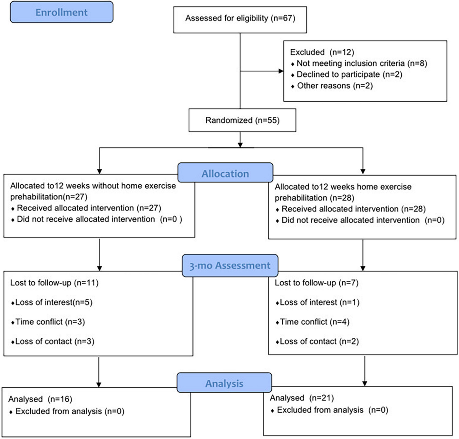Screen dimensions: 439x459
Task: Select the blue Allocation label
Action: click(225, 173)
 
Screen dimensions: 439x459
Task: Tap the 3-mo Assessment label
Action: click(230, 265)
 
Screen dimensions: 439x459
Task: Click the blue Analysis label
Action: click(224, 383)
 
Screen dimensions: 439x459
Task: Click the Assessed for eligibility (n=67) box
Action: click(240, 18)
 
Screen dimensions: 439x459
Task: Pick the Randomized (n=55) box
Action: click(242, 120)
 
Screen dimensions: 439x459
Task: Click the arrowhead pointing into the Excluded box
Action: click(281, 71)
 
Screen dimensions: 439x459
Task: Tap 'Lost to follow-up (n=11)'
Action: click(54, 283)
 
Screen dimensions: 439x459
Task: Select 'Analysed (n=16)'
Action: click(40, 399)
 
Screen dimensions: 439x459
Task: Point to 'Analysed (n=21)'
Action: click(302, 398)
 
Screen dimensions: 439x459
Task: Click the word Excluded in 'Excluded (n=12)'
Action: click(307, 52)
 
